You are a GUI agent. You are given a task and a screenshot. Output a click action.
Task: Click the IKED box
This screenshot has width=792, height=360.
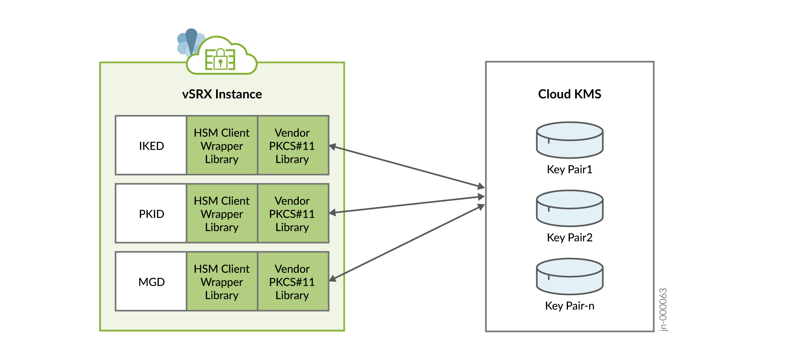(151, 146)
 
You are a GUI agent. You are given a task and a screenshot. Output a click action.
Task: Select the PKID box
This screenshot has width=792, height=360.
(151, 214)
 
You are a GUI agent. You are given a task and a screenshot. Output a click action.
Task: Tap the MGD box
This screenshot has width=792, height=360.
(151, 282)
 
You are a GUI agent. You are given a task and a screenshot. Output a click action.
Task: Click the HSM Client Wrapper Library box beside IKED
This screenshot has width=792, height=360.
(222, 146)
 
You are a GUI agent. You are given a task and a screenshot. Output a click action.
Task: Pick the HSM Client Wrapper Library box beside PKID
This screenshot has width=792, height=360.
(222, 214)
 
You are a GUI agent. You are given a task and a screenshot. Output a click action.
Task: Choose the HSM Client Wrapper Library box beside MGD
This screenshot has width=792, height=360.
(222, 282)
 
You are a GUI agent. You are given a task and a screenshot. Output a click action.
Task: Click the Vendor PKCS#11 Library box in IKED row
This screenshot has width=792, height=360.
(292, 146)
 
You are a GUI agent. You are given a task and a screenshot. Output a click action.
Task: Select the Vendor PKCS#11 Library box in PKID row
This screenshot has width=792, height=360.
(292, 214)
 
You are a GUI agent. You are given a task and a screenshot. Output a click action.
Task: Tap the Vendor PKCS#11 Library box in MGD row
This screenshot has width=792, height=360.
(292, 282)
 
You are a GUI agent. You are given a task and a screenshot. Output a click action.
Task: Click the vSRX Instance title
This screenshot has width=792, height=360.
(222, 94)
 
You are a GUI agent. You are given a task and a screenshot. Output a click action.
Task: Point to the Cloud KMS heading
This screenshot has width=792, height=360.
(569, 94)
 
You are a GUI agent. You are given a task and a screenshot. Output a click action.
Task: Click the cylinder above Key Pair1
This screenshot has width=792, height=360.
(569, 140)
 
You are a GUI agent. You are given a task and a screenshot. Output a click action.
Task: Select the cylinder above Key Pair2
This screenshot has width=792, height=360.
(569, 208)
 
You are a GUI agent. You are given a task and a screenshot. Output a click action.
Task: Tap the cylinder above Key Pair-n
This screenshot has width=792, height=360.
(569, 276)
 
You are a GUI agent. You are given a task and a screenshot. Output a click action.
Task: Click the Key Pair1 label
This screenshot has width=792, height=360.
(569, 170)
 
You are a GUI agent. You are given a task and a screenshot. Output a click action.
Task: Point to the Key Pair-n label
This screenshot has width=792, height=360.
(569, 306)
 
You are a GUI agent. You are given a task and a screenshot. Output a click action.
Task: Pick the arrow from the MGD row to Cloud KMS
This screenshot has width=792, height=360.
(407, 243)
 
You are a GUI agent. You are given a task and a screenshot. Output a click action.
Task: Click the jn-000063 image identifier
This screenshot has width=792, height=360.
(663, 309)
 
